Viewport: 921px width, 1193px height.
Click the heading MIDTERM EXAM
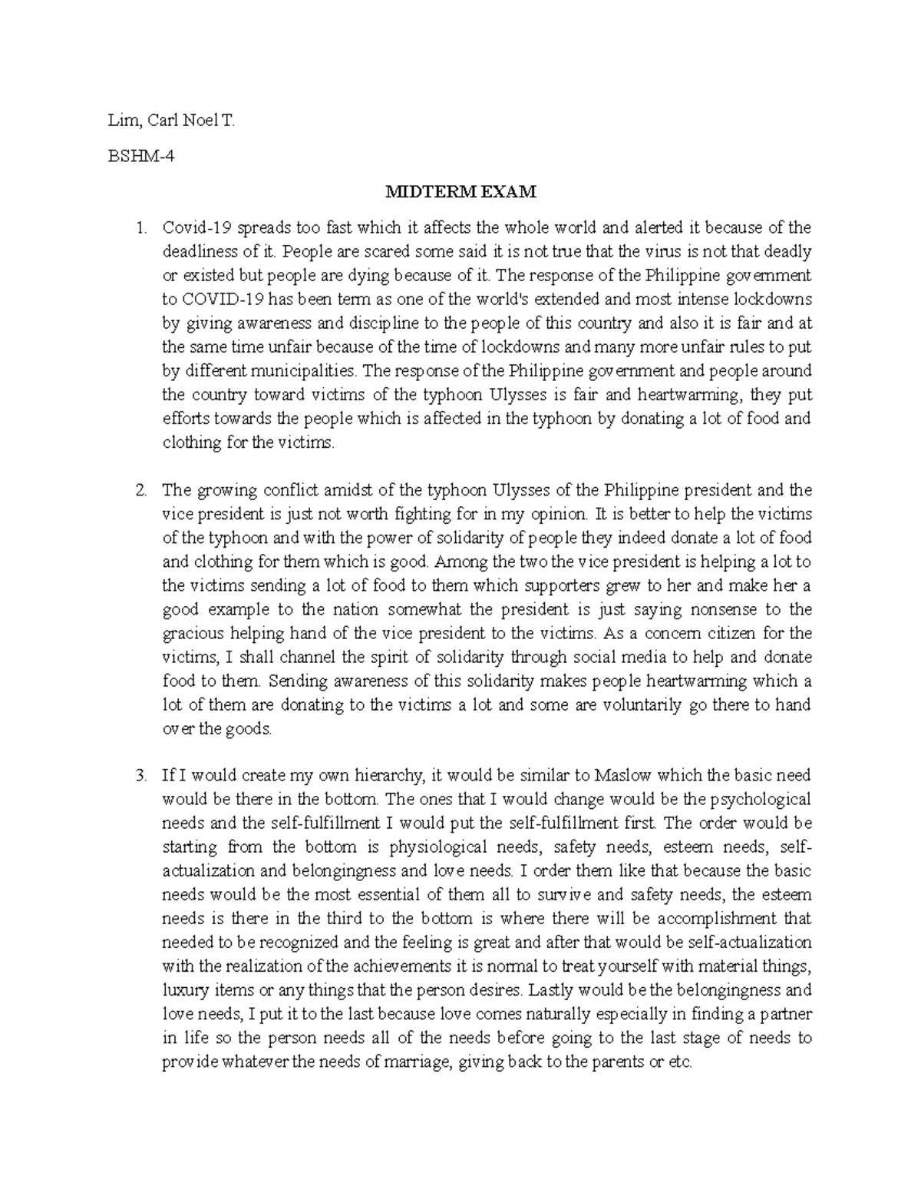(x=460, y=191)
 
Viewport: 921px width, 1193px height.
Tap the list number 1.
(x=140, y=227)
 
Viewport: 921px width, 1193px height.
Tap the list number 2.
(x=140, y=490)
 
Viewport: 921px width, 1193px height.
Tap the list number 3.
(x=140, y=776)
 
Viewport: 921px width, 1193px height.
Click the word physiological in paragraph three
(x=438, y=847)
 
